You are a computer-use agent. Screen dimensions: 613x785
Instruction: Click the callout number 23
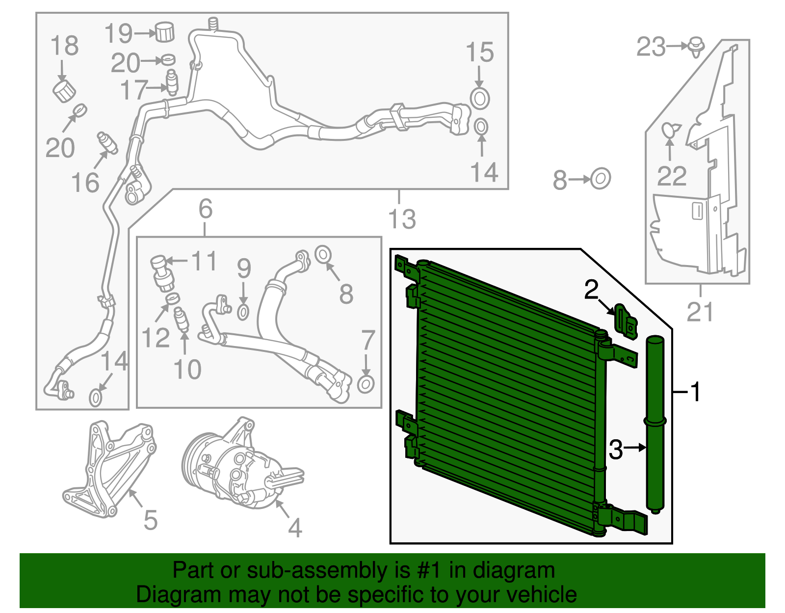pos(651,47)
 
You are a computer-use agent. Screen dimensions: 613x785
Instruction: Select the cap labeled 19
pos(165,32)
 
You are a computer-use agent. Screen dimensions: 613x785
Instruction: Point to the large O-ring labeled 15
pos(480,98)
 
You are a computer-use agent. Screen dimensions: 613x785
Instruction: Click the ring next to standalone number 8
pos(600,179)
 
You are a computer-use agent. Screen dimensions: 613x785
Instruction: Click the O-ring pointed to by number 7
pos(366,384)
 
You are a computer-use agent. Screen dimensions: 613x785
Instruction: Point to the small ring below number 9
pos(243,312)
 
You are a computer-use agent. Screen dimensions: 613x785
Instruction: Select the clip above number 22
pos(670,131)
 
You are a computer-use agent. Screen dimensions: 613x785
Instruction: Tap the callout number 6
pos(205,209)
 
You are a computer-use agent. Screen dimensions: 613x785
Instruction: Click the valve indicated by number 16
pos(107,143)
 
